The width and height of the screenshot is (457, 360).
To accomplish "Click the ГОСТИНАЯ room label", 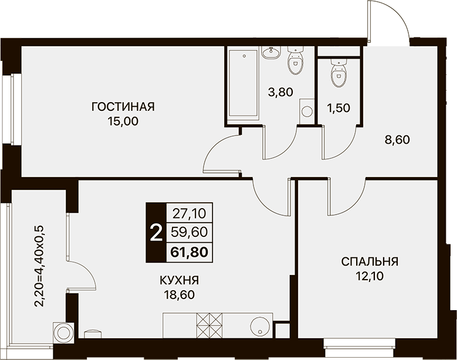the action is [123, 107].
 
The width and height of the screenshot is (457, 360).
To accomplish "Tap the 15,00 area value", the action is [123, 121].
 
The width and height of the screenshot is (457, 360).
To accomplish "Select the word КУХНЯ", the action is [180, 280].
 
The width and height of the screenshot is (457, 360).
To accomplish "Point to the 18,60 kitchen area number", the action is [180, 295].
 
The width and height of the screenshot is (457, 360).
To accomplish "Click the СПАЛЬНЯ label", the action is [370, 261].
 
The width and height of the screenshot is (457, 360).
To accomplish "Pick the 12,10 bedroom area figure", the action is [370, 276].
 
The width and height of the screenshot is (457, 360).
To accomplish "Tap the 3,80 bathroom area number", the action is [280, 92].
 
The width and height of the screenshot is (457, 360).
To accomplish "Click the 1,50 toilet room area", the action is [338, 108].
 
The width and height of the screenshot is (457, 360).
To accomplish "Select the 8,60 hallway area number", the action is [397, 140].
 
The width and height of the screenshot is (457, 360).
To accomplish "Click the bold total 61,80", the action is [189, 252].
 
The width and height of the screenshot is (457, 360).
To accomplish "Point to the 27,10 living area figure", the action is [189, 214].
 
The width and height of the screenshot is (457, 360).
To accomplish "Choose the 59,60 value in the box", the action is [189, 232].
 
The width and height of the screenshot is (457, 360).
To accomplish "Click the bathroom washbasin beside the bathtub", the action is [272, 53].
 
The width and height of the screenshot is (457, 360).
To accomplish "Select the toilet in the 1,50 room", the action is [338, 73].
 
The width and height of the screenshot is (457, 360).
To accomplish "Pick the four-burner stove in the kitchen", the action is [209, 325].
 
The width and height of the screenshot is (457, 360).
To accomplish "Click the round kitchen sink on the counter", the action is [260, 327].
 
